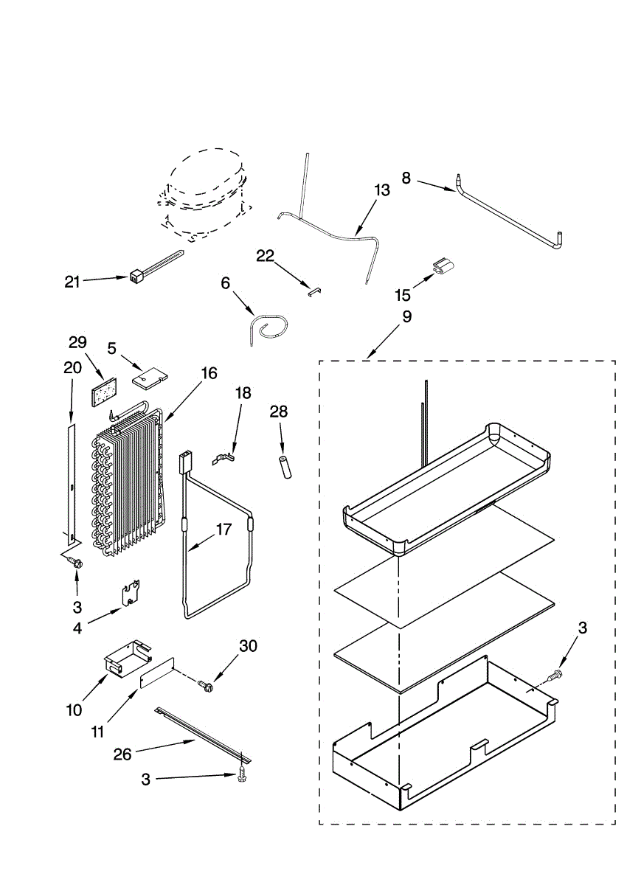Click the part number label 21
(x=72, y=281)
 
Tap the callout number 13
(x=381, y=190)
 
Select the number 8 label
(x=406, y=177)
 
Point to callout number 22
(x=265, y=256)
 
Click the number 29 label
(x=77, y=342)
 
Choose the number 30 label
(x=249, y=645)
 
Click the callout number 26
(x=122, y=754)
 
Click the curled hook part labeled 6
(x=267, y=327)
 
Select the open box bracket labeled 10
(x=125, y=656)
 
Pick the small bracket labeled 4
(x=131, y=591)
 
